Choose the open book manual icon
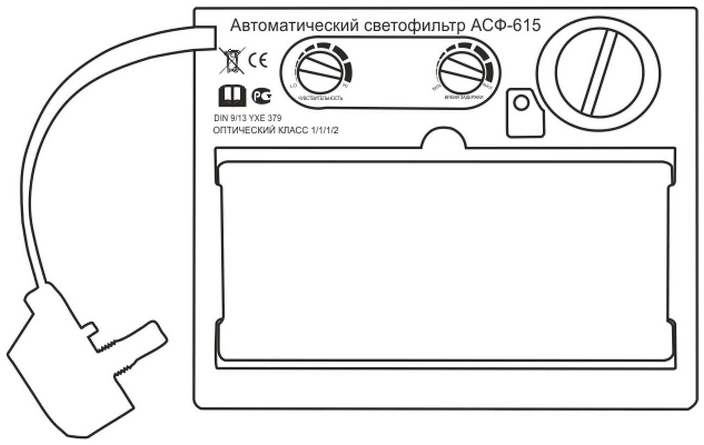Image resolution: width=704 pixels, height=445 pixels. [x=231, y=96]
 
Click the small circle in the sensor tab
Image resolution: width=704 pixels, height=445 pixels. [x=520, y=102]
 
